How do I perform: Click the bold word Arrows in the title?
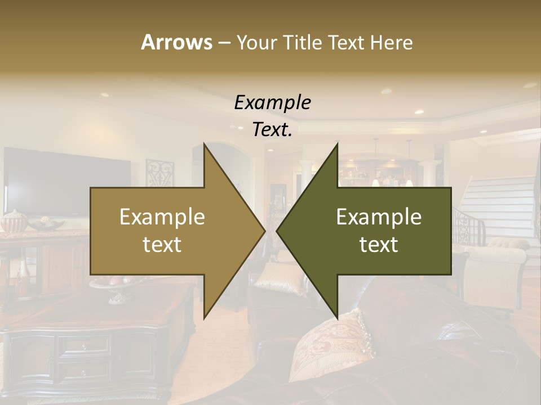click(x=176, y=42)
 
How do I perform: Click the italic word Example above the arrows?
click(x=272, y=103)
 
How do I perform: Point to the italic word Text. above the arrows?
click(x=272, y=130)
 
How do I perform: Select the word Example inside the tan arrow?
click(x=162, y=217)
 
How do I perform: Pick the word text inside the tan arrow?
click(x=162, y=245)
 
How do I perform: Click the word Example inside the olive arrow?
click(x=379, y=217)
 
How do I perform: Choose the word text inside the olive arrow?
click(x=379, y=245)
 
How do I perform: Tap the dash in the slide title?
click(x=224, y=42)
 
